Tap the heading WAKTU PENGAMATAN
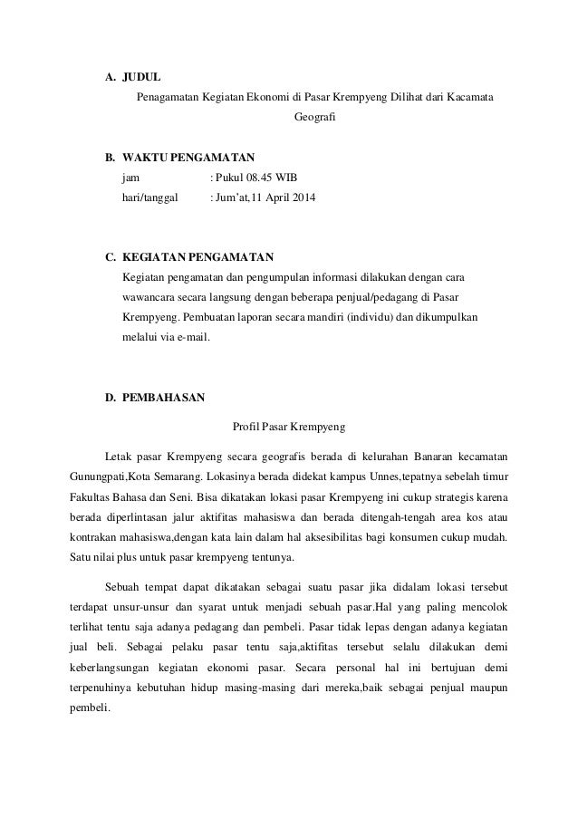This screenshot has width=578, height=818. (188, 156)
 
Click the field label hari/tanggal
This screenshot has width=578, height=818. (150, 197)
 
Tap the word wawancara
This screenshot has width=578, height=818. (149, 296)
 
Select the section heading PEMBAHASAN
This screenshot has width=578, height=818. (164, 397)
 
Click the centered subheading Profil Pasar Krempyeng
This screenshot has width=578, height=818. (290, 425)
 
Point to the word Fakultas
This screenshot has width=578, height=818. (92, 498)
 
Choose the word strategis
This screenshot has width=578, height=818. (439, 498)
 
